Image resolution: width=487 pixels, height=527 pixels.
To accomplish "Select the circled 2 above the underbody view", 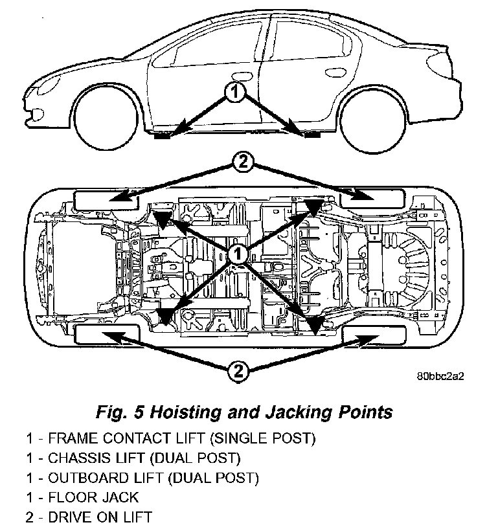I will pos(242,163).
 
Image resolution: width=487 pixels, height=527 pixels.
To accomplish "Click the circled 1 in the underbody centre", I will pos(238,253).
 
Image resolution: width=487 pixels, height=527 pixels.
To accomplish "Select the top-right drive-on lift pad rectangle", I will pos(373,199).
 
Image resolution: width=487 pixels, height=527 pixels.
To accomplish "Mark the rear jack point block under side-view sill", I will pos(311,135).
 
